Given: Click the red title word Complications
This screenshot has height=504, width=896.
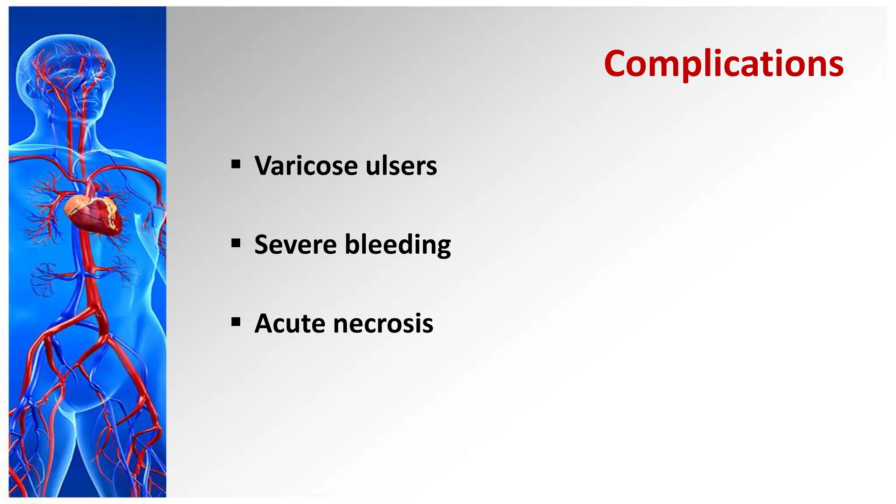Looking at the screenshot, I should (x=724, y=64).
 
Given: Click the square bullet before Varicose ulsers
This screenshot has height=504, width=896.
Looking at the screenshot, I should (x=236, y=164).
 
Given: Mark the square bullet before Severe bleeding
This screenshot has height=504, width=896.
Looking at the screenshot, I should (x=236, y=243).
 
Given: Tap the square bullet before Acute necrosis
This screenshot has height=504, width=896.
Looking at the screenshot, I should (x=236, y=322).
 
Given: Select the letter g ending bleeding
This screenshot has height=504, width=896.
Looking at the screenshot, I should (x=442, y=247).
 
